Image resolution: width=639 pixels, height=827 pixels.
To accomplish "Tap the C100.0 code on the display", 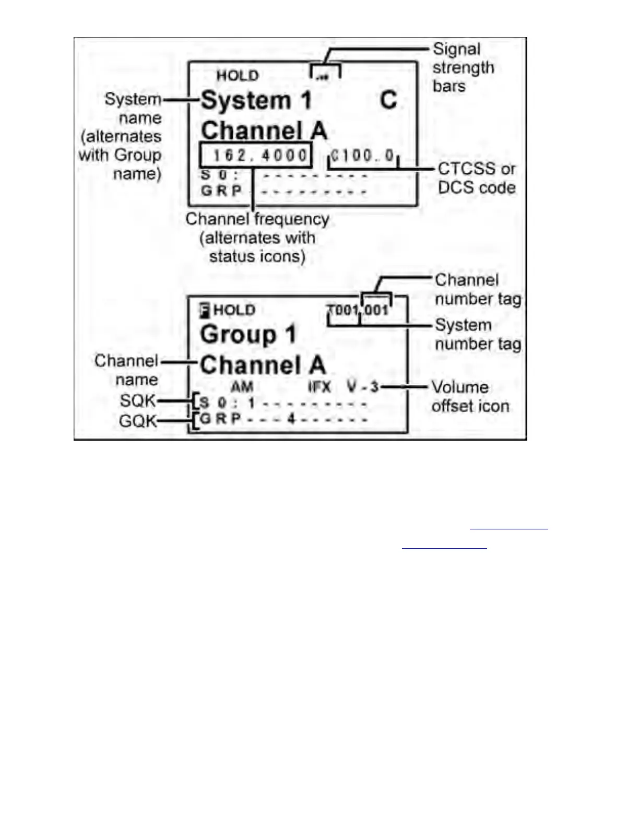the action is (x=363, y=156).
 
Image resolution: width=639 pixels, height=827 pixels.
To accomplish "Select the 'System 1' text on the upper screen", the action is (x=256, y=100).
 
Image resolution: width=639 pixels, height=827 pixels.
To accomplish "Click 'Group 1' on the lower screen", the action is (x=248, y=334).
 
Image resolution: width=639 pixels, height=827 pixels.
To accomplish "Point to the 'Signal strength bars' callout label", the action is (x=463, y=67).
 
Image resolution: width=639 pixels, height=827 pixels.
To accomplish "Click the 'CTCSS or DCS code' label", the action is (x=476, y=178).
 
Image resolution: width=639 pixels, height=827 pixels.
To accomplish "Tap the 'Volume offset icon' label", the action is (x=470, y=396).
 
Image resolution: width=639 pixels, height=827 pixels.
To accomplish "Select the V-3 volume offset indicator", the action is (x=363, y=387).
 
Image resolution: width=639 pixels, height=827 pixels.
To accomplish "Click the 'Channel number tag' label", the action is (x=478, y=289).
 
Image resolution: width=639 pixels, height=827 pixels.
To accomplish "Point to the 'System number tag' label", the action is (x=478, y=334).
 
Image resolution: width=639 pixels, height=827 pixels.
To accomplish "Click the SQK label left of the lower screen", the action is (x=137, y=400).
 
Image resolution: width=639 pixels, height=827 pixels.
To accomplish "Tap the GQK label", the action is (x=137, y=420).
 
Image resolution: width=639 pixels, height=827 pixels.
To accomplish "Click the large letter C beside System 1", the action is (x=388, y=100).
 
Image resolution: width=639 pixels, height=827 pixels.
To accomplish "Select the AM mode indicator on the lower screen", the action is (x=242, y=387).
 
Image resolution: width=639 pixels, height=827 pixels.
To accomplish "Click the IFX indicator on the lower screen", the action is (x=319, y=387).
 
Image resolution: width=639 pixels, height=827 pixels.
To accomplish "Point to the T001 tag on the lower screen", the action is (x=343, y=310).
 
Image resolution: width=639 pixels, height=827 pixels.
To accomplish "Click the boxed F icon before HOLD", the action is (x=205, y=311).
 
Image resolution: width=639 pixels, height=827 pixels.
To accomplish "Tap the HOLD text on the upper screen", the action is (x=238, y=76).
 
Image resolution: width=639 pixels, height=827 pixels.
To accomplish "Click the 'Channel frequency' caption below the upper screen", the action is (x=257, y=219).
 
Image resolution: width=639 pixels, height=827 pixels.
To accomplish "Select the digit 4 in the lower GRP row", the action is (x=291, y=418).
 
